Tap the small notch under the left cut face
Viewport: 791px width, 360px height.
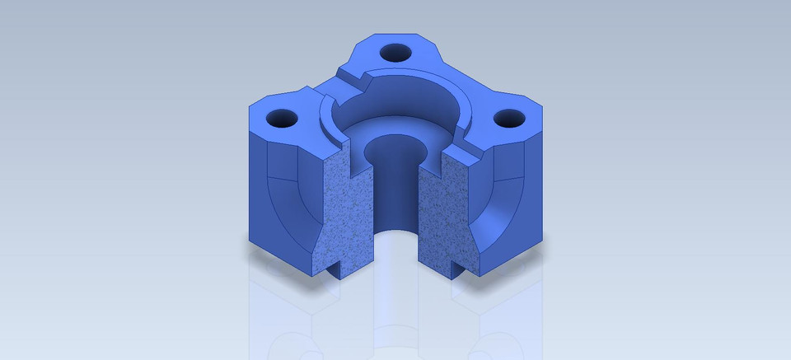click(335, 268)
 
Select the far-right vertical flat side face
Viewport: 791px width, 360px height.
click(536, 189)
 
